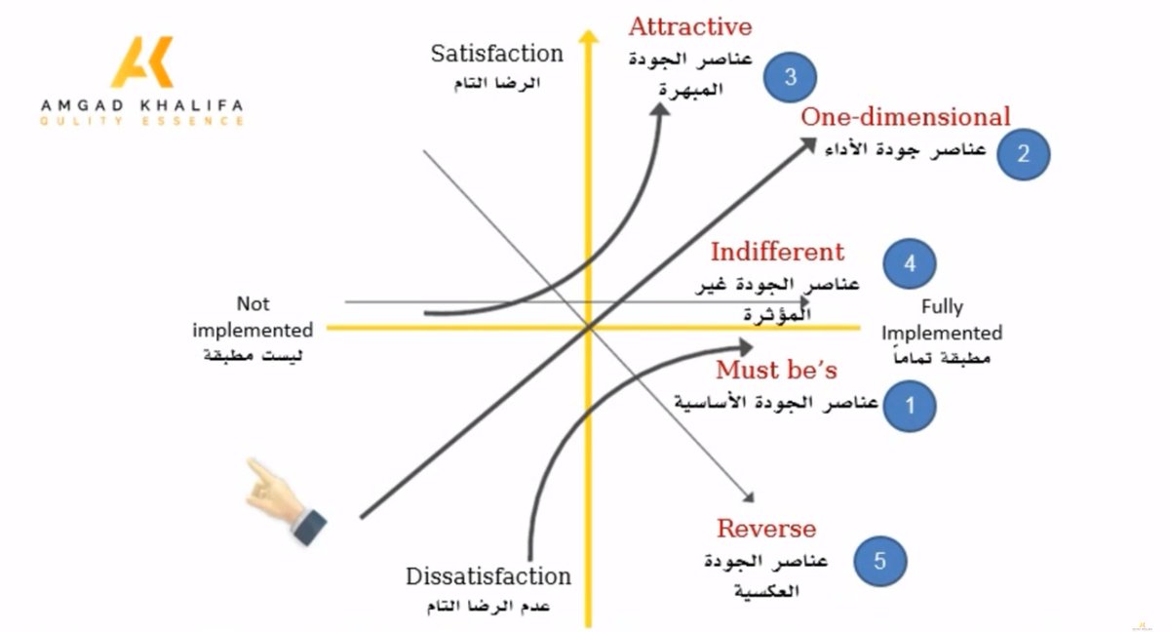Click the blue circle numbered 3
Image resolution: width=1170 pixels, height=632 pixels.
791,77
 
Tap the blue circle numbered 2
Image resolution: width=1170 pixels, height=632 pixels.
1023,153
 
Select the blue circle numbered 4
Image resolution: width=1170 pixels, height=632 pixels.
910,263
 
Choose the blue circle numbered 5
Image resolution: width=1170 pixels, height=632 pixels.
880,561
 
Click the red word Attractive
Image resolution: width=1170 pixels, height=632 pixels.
690,26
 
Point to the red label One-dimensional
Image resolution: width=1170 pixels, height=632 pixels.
906,117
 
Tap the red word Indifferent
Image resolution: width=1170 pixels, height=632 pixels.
777,252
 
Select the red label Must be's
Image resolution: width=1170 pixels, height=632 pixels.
776,371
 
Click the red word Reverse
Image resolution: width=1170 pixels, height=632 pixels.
766,529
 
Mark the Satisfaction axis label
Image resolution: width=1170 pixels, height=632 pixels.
497,53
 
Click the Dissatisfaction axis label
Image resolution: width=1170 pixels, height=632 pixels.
488,576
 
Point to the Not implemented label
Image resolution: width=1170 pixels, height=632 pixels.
253,317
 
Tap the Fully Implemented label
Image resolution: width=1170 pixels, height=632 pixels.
942,320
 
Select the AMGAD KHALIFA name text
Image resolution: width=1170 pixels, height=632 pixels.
143,104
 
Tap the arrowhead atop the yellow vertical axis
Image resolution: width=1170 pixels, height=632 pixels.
588,37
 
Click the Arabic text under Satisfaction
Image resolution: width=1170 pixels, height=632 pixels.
497,83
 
